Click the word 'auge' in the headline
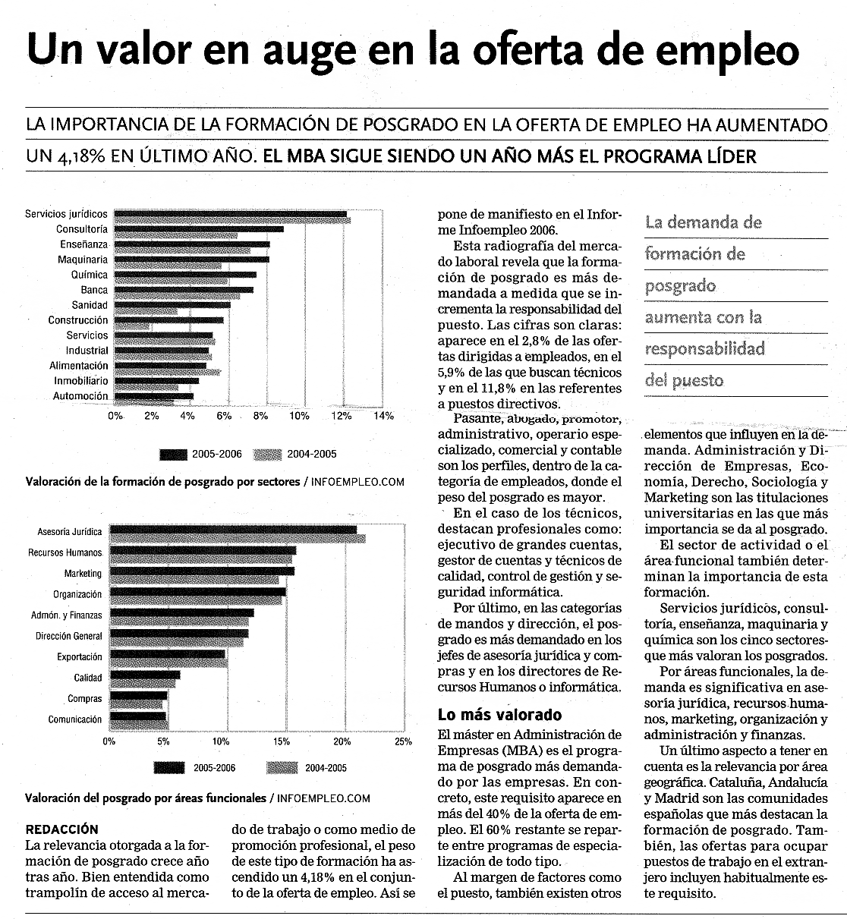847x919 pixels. pos(309,52)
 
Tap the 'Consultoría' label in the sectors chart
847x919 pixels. pos(81,229)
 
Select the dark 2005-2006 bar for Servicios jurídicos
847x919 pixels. pos(231,214)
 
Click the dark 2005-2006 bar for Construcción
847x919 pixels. pos(168,320)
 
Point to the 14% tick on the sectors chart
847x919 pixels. pos(384,416)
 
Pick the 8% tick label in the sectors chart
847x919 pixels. pos(260,416)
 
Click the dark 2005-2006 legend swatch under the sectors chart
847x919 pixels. pos(173,455)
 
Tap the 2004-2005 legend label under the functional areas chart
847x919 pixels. pos(326,768)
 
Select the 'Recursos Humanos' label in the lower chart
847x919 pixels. pos(65,552)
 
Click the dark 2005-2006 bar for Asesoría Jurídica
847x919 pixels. pos(233,530)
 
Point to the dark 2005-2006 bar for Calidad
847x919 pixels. pos(145,675)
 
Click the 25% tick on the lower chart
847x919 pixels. pos(403,741)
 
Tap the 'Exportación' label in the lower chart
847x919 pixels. pos(79,657)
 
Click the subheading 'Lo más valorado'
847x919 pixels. pos(499,715)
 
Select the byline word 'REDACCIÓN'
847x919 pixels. pos(62,829)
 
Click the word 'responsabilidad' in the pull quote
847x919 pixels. pos(705,349)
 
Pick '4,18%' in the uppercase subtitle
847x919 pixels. pos(81,156)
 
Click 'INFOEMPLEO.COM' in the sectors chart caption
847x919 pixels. pos(357,482)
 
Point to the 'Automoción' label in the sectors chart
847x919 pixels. pos(80,396)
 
